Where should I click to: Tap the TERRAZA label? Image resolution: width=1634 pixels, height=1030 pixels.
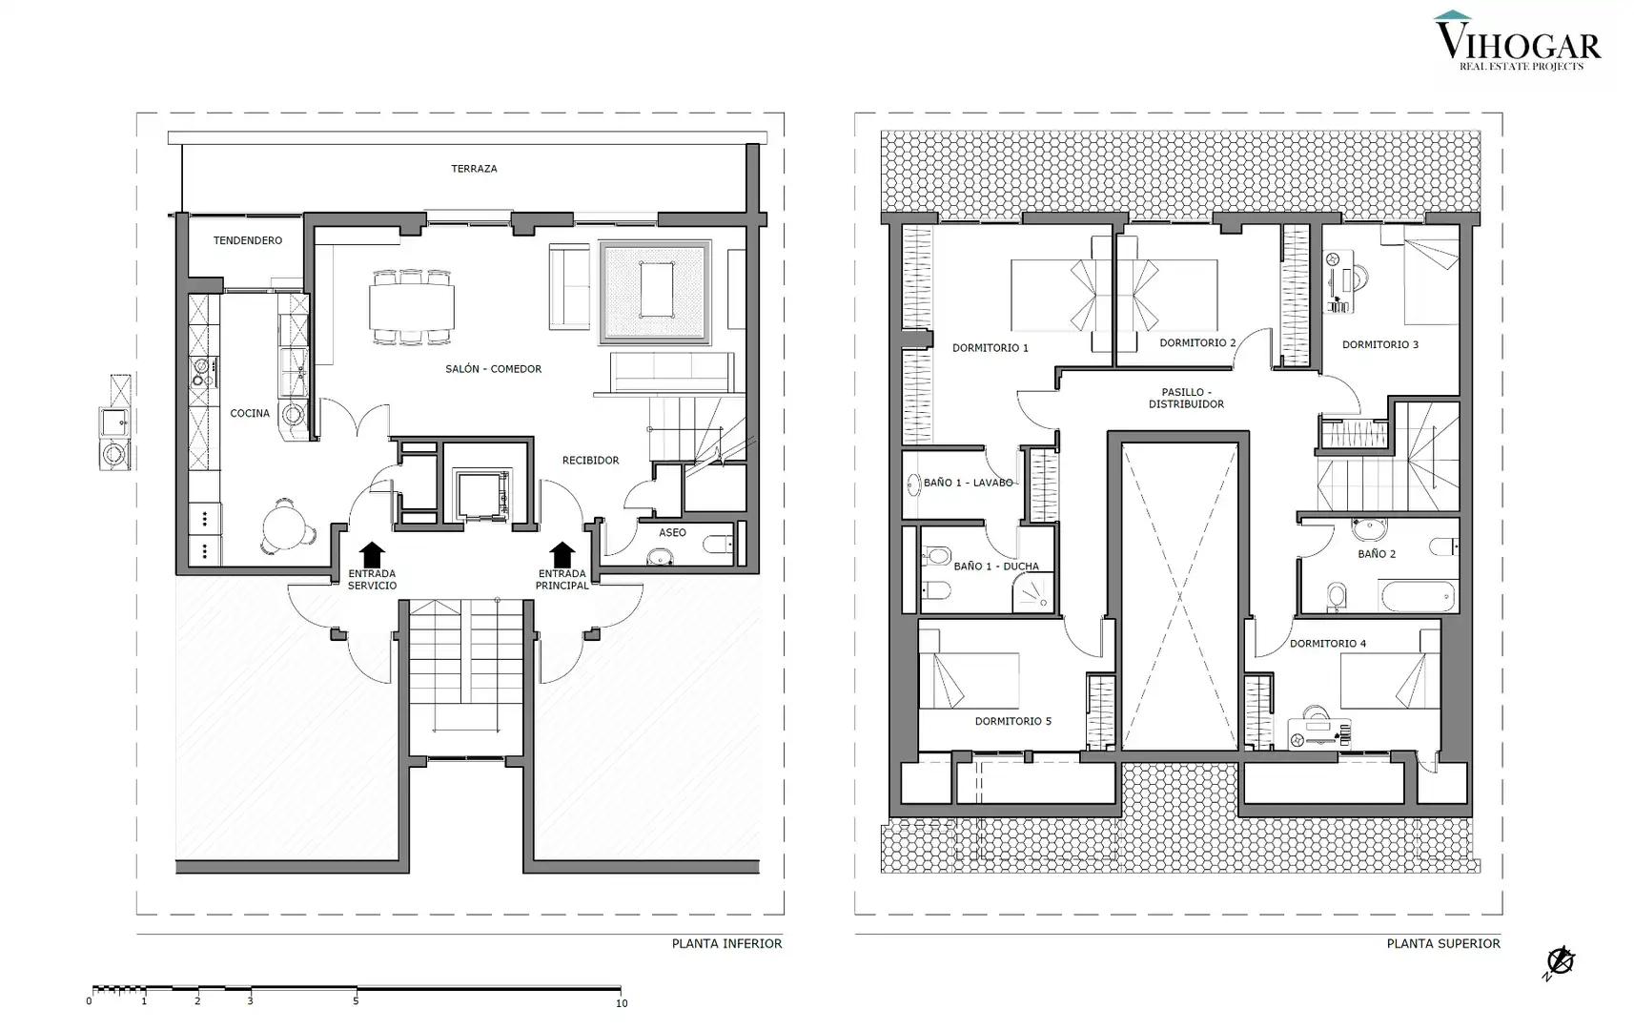(x=474, y=169)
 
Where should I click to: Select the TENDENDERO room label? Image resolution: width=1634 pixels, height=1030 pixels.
(x=247, y=240)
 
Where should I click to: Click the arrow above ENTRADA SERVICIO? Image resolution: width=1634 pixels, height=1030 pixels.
(x=372, y=554)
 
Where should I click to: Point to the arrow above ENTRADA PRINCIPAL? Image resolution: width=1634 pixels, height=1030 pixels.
(x=562, y=554)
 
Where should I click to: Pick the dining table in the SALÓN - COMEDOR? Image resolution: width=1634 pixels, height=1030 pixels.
(x=412, y=307)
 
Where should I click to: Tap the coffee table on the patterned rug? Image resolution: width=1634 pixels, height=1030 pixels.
(x=657, y=290)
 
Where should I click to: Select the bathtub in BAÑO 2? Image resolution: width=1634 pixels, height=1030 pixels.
(x=1419, y=596)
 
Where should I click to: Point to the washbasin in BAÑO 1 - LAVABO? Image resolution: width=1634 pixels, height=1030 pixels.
(x=912, y=484)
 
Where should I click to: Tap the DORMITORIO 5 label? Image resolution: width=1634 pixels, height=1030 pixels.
(x=1013, y=721)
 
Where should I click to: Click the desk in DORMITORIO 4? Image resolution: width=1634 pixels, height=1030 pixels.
(x=1318, y=732)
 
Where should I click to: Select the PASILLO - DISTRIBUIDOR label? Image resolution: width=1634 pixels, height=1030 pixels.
(x=1186, y=398)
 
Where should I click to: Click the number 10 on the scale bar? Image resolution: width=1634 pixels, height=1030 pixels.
(x=622, y=1003)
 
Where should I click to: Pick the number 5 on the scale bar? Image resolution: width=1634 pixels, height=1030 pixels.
(x=356, y=1000)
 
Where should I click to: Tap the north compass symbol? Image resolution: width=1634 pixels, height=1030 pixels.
(x=1560, y=961)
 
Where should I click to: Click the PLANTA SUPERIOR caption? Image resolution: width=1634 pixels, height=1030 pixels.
(x=1443, y=944)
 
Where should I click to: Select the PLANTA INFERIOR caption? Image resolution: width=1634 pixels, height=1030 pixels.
(x=726, y=944)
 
